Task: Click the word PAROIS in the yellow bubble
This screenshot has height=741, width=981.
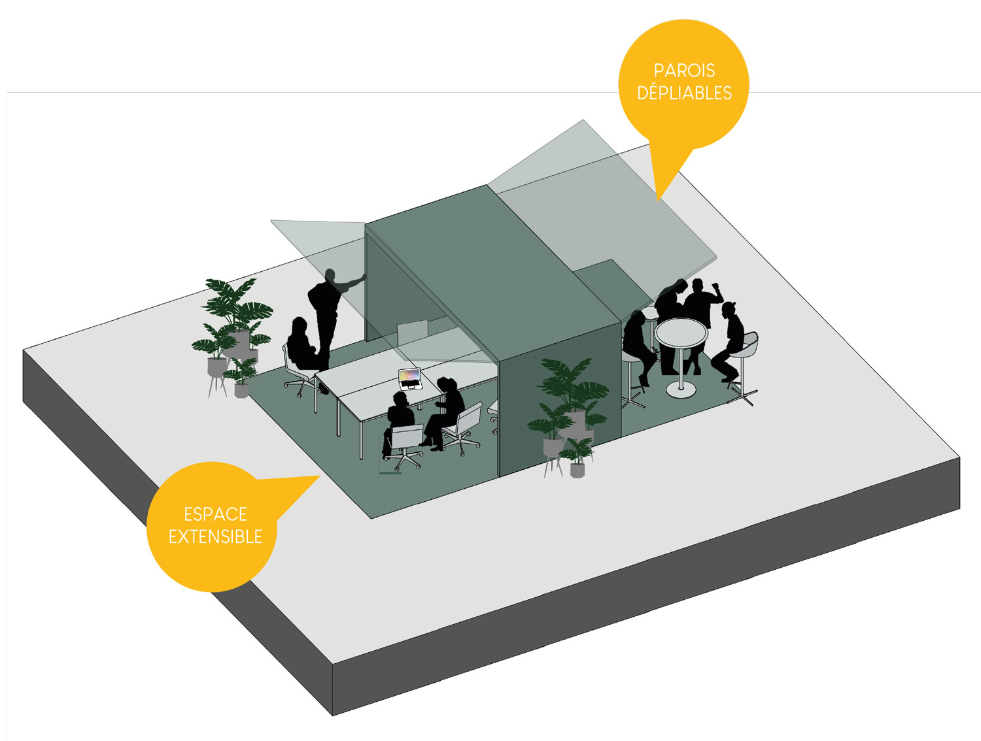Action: point(684,71)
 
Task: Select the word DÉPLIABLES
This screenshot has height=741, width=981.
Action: point(684,93)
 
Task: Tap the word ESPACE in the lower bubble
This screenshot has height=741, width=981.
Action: point(215,514)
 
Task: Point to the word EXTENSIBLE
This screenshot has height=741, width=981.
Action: point(215,536)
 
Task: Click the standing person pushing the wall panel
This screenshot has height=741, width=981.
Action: point(327,314)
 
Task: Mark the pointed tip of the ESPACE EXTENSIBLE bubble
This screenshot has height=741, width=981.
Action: point(320,477)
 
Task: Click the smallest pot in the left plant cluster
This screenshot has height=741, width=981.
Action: point(241,391)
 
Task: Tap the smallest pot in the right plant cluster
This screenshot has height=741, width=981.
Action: point(577,470)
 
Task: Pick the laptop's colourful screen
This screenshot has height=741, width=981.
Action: point(409,376)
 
